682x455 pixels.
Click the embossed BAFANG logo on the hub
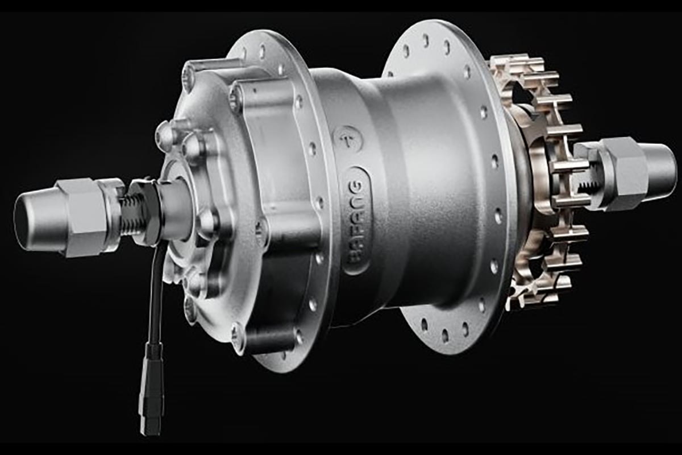(x=357, y=219)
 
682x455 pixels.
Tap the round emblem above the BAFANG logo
(x=348, y=139)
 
